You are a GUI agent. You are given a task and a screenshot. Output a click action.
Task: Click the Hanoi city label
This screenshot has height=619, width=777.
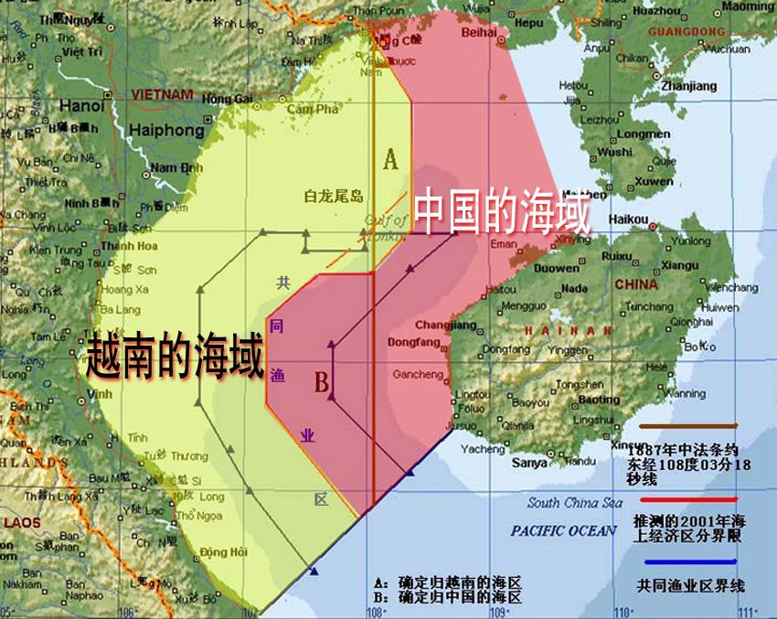click(x=81, y=106)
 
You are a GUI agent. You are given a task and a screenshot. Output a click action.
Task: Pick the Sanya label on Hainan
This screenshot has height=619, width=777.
click(x=529, y=463)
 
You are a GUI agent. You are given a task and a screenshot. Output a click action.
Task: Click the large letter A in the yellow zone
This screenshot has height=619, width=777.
click(x=391, y=160)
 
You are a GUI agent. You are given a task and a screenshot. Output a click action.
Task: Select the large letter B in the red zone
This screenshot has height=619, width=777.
click(x=322, y=382)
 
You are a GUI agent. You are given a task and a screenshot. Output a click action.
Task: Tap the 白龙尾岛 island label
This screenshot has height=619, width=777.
click(x=334, y=197)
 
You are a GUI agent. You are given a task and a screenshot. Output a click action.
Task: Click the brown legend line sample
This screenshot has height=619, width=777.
click(x=687, y=426)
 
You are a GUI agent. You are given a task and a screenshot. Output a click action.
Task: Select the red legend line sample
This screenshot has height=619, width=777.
click(x=687, y=500)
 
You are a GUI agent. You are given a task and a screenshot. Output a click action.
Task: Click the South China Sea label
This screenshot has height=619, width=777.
click(x=575, y=503)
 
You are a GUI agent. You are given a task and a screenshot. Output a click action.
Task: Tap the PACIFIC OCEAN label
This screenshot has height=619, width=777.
click(x=564, y=531)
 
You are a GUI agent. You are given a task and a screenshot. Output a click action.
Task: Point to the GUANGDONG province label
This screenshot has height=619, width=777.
click(x=686, y=32)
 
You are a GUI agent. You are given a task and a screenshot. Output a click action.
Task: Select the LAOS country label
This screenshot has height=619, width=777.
click(x=23, y=523)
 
